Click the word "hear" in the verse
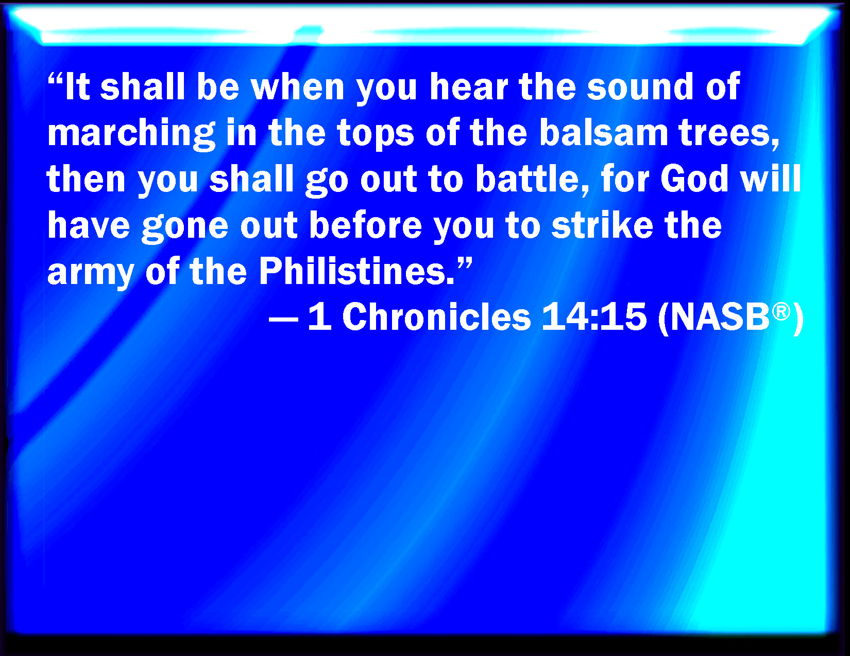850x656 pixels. pos(469,87)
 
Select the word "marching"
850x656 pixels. pos(131,134)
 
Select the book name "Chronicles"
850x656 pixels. pos(436,317)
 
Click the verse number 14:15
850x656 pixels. pos(594,317)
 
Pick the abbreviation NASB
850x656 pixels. pos(721,317)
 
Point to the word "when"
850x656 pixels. pos(298,87)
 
